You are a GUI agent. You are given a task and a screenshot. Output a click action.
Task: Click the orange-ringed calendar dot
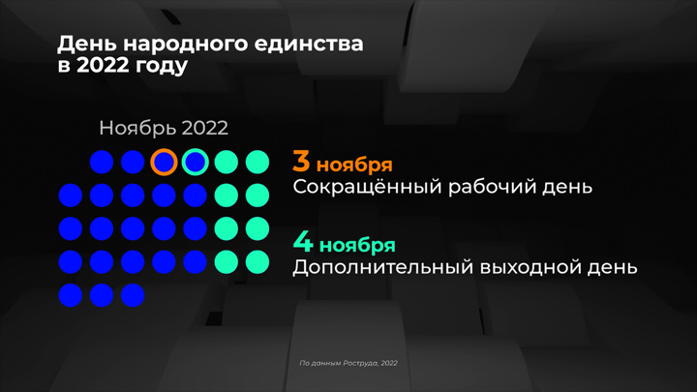point(164,162)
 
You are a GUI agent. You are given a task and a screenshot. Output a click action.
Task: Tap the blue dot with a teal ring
point(196,162)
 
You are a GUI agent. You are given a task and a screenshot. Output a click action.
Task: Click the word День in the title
point(87,45)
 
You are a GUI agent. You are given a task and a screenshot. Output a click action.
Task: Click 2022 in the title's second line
point(103,66)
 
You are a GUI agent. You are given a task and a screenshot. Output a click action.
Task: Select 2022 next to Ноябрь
point(204,128)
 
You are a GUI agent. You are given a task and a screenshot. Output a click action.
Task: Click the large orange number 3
point(301,161)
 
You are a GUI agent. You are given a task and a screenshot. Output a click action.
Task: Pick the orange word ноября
point(354,166)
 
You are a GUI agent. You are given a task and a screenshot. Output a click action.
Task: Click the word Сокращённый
point(367,187)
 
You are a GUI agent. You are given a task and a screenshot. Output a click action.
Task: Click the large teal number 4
point(303,242)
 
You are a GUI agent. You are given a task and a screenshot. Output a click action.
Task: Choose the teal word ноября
point(357,246)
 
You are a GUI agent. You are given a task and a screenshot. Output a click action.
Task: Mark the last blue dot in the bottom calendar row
point(133,295)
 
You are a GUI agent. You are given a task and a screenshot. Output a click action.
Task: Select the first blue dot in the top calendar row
point(102,162)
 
